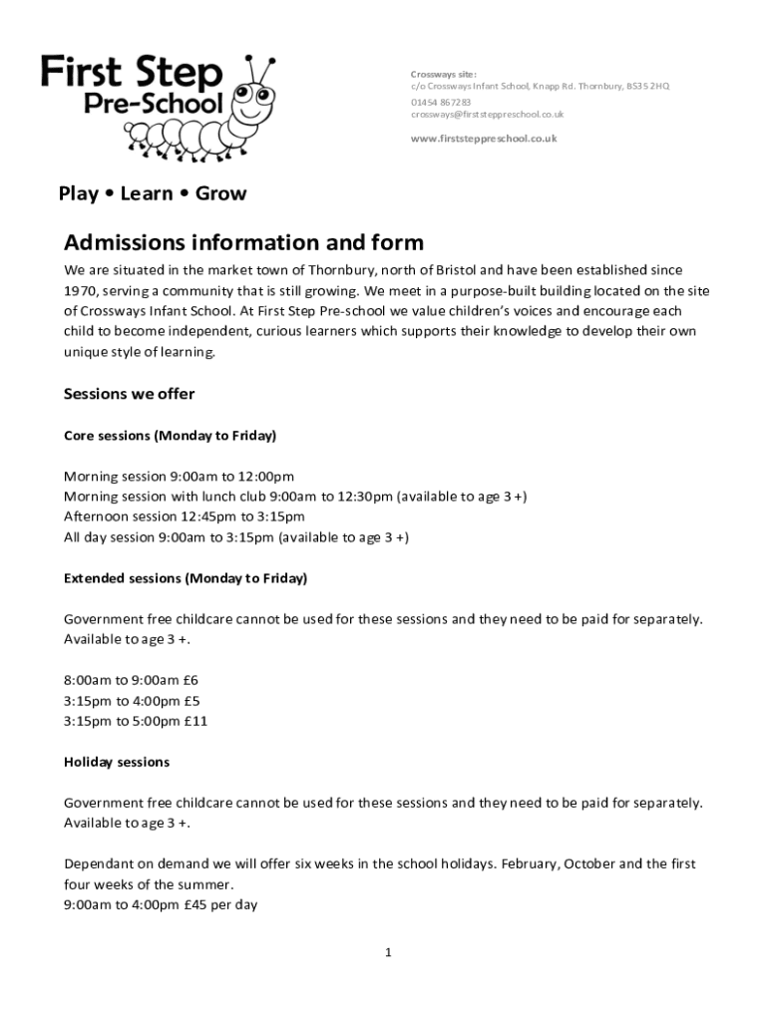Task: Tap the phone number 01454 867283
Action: pyautogui.click(x=441, y=101)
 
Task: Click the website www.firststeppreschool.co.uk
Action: pyautogui.click(x=484, y=139)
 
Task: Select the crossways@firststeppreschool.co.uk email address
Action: pyautogui.click(x=488, y=115)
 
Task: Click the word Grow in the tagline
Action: pyautogui.click(x=220, y=193)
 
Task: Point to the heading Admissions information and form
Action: pyautogui.click(x=244, y=243)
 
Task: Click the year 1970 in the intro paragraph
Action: pyautogui.click(x=80, y=290)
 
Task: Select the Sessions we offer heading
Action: pyautogui.click(x=130, y=394)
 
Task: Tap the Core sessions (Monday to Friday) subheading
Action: pyautogui.click(x=170, y=436)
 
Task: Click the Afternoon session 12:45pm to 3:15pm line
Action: pyautogui.click(x=185, y=516)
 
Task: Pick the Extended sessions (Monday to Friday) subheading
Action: pyautogui.click(x=186, y=578)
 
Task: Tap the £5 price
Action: pyautogui.click(x=191, y=700)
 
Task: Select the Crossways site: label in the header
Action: pyautogui.click(x=444, y=74)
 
